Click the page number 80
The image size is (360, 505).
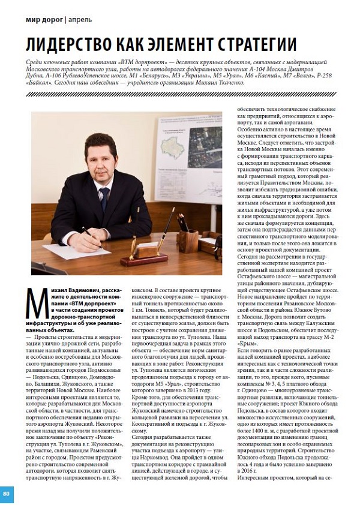(6, 494)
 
